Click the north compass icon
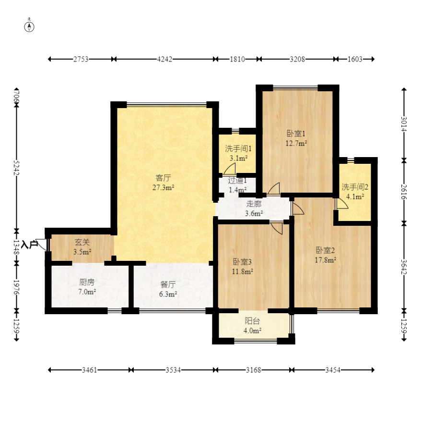[x=29, y=27]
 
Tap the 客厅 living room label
[x=163, y=178]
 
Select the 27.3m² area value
[x=164, y=188]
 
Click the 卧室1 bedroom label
[x=296, y=134]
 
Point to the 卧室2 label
[x=325, y=250]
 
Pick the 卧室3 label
[x=242, y=262]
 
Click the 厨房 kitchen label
[x=87, y=282]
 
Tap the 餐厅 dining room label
[x=168, y=284]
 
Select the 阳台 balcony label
[x=252, y=320]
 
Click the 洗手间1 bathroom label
[x=238, y=148]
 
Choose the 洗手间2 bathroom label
[x=355, y=187]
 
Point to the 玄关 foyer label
[x=82, y=242]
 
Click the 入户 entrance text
[x=30, y=245]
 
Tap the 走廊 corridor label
[x=254, y=204]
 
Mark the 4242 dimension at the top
[x=164, y=59]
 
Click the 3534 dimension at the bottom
[x=173, y=370]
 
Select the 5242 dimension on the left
[x=16, y=168]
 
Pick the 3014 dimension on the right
[x=404, y=124]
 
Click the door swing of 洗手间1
[x=230, y=169]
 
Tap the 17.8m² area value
[x=325, y=260]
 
